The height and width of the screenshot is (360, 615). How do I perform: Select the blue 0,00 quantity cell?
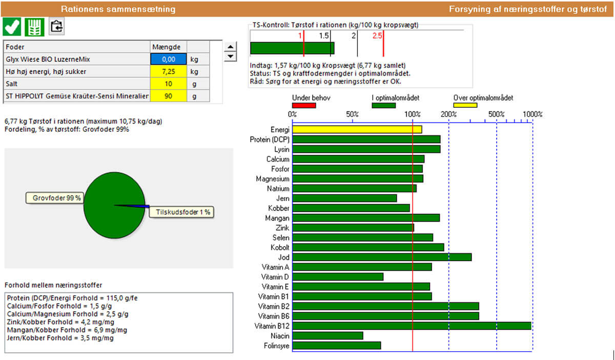169,59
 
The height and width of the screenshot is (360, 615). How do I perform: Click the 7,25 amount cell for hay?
169,71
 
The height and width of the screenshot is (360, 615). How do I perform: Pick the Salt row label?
12,84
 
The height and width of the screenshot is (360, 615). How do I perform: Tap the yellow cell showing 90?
169,96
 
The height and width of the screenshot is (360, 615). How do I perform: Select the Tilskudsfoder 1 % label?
180,212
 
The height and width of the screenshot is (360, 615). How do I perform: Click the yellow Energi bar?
357,130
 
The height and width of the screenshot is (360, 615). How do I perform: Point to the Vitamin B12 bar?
412,326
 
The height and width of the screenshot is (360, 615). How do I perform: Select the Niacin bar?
327,336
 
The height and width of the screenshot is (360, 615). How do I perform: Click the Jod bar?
382,257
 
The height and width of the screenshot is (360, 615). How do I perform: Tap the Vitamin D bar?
338,277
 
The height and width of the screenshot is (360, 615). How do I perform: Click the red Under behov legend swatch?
304,106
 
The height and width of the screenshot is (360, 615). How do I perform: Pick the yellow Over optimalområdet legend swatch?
465,106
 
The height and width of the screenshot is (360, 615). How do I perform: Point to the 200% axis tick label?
448,114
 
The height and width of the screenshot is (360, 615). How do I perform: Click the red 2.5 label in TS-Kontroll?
378,36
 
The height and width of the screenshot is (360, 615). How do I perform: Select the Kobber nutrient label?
278,208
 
